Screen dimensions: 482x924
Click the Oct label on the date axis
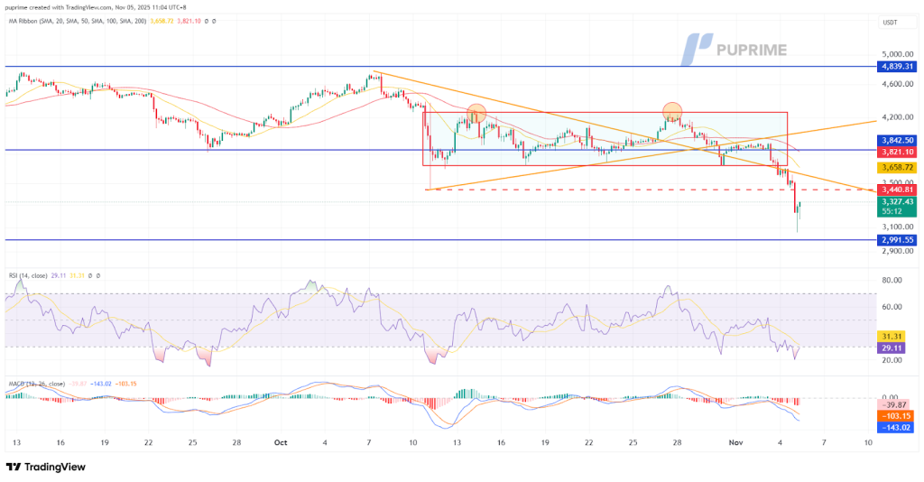(x=280, y=443)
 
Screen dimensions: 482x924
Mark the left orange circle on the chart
(x=477, y=114)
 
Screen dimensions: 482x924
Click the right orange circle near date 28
(x=672, y=112)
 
